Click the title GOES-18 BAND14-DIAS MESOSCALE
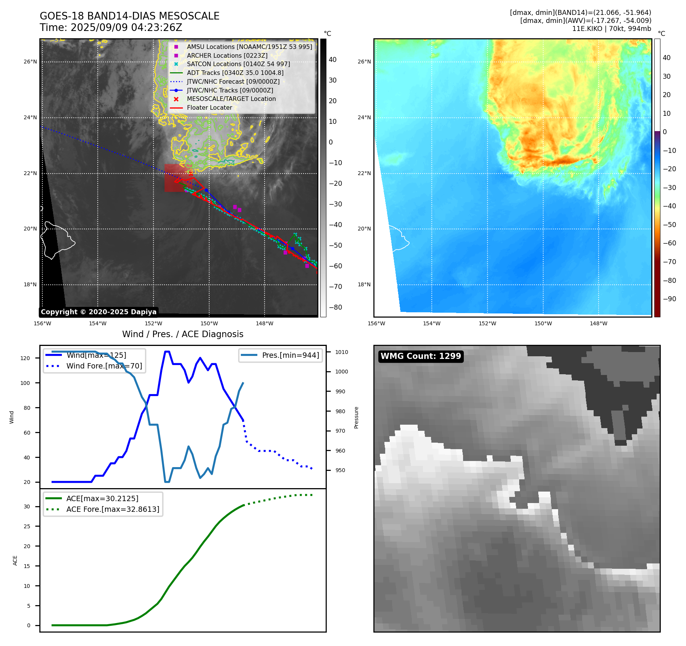tap(129, 16)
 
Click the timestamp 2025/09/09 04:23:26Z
tap(126, 28)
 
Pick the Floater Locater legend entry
tap(209, 108)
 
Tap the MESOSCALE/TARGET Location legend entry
tap(231, 99)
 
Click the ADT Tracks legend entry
tap(235, 73)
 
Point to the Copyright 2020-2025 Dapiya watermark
tap(98, 312)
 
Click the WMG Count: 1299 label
tap(421, 356)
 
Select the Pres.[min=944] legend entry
tap(290, 355)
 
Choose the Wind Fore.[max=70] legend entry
tap(104, 366)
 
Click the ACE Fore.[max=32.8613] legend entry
tap(113, 509)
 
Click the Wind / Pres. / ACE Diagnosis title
tap(182, 334)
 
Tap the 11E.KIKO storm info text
tap(611, 29)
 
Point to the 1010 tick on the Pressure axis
tap(342, 352)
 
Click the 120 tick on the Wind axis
tap(25, 358)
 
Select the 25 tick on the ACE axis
tap(27, 526)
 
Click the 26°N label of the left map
tap(31, 62)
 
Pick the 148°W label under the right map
tap(598, 323)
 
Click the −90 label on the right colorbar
tap(669, 299)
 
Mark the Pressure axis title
tap(356, 417)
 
